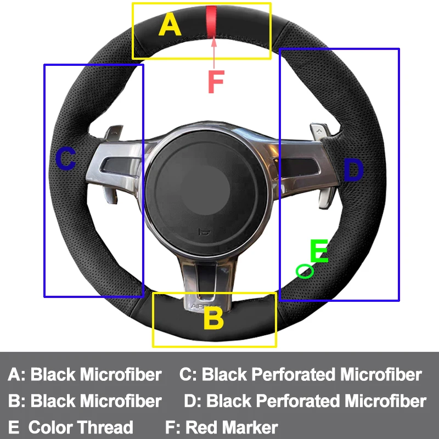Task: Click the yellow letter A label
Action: coord(170,25)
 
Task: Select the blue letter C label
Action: coord(66,160)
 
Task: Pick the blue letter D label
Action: coord(353,170)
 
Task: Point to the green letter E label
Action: coord(319,252)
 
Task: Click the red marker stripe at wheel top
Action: coord(211,21)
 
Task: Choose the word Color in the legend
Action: coord(50,427)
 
